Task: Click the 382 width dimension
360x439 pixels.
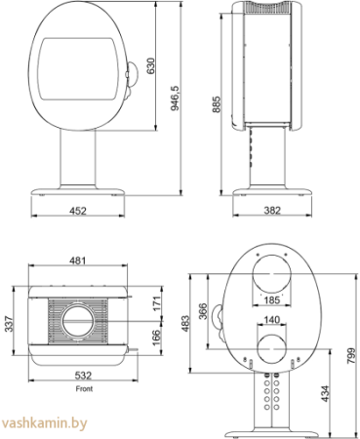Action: coord(272,209)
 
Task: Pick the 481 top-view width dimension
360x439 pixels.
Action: coord(77,260)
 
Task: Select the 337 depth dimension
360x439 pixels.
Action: coord(9,321)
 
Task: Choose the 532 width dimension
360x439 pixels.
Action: coord(75,374)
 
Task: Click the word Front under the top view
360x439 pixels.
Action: coord(76,385)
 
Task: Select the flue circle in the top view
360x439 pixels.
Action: coord(76,320)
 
